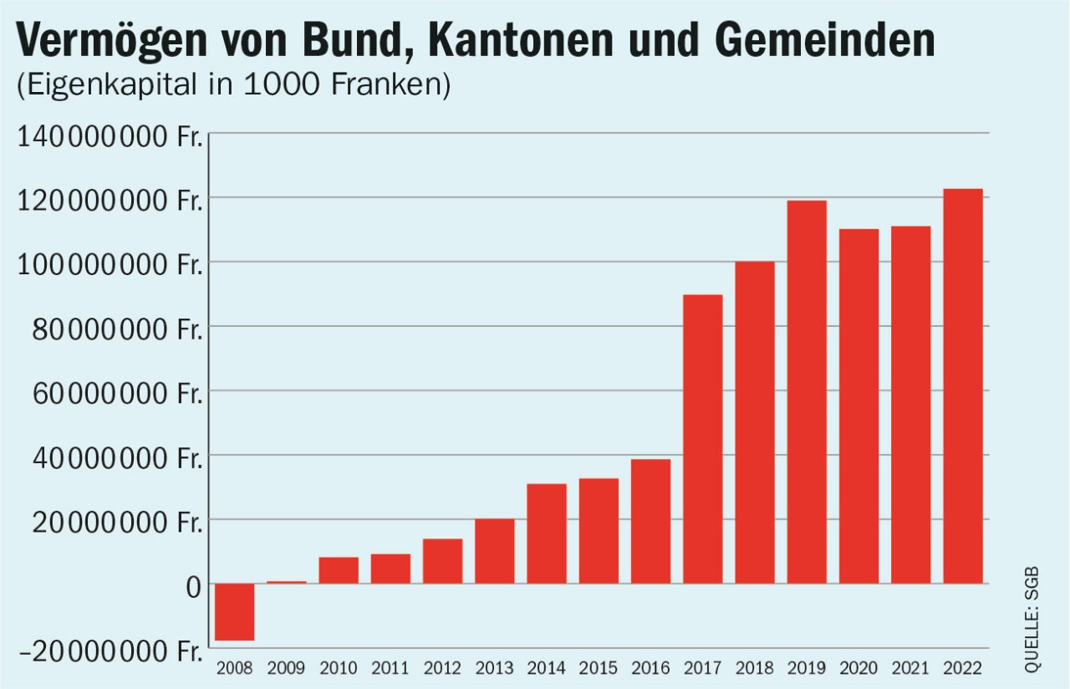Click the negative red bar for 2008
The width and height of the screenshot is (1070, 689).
click(234, 612)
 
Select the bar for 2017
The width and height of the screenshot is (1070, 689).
click(702, 439)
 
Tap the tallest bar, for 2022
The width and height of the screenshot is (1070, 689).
click(962, 386)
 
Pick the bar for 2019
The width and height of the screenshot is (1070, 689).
click(807, 391)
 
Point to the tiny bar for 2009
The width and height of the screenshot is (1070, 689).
click(287, 582)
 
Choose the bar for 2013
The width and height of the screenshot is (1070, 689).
click(494, 551)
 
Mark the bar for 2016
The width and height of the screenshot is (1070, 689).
click(650, 521)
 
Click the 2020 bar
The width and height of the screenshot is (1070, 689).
click(859, 406)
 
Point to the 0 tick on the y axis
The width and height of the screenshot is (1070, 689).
click(194, 585)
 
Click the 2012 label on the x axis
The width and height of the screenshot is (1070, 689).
click(442, 668)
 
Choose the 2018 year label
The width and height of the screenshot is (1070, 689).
click(754, 668)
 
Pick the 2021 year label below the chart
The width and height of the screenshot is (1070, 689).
click(910, 668)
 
